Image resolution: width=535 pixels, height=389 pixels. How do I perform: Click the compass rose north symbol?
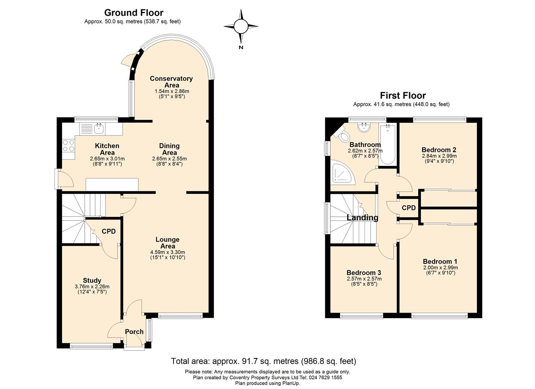pyautogui.click(x=241, y=27)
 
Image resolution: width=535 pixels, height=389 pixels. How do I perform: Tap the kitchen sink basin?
pyautogui.click(x=99, y=129)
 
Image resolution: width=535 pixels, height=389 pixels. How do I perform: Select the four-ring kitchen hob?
pyautogui.click(x=68, y=146)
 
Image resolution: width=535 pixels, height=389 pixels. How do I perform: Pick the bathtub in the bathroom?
pyautogui.click(x=388, y=144)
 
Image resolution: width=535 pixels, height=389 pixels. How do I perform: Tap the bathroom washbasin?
pyautogui.click(x=364, y=127)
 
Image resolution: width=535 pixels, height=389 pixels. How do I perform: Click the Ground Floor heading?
pyautogui.click(x=134, y=12)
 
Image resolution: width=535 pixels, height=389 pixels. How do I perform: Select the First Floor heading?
pyautogui.click(x=403, y=95)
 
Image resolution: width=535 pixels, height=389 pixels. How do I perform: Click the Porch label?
pyautogui.click(x=134, y=332)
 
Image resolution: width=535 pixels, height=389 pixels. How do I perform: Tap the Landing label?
pyautogui.click(x=362, y=218)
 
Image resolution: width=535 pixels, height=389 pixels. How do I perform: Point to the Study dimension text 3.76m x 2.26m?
pyautogui.click(x=92, y=287)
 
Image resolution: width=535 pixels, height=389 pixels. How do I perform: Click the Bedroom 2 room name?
pyautogui.click(x=439, y=150)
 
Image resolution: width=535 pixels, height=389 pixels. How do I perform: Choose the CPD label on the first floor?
pyautogui.click(x=409, y=208)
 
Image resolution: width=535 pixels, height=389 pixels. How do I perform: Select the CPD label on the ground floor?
pyautogui.click(x=109, y=231)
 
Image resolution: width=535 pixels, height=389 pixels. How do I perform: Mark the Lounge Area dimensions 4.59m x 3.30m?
pyautogui.click(x=168, y=252)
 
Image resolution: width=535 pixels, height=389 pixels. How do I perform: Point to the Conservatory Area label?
pyautogui.click(x=171, y=82)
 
